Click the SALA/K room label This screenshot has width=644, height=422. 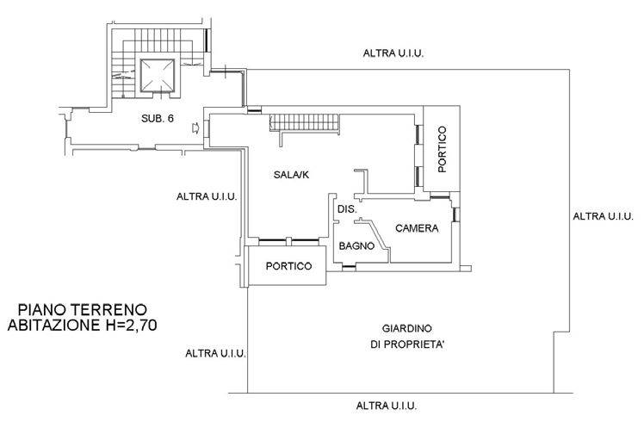(x=291, y=175)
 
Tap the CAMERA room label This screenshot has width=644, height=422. (x=417, y=228)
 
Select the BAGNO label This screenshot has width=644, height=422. (x=356, y=246)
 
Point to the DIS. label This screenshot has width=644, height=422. (x=347, y=209)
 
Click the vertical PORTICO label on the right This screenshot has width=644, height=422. (x=442, y=149)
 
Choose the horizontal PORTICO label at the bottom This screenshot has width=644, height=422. (x=288, y=266)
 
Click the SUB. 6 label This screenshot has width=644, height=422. (x=158, y=118)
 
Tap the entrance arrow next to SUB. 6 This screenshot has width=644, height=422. (x=195, y=128)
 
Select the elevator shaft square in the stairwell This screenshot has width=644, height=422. (x=158, y=76)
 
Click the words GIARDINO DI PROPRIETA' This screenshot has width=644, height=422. (x=407, y=337)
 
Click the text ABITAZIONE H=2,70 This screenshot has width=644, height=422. (x=82, y=325)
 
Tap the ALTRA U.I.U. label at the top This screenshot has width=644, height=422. (x=393, y=53)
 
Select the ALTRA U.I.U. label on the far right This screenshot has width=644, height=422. (x=603, y=216)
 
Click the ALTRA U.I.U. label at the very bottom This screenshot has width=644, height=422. (x=387, y=406)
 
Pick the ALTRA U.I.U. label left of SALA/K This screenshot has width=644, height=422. (x=207, y=196)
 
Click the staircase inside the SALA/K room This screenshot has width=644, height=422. (x=305, y=122)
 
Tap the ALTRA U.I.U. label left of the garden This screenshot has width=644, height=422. (x=215, y=353)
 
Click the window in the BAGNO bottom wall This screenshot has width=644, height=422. (x=349, y=268)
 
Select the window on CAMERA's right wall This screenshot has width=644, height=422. (x=455, y=214)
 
